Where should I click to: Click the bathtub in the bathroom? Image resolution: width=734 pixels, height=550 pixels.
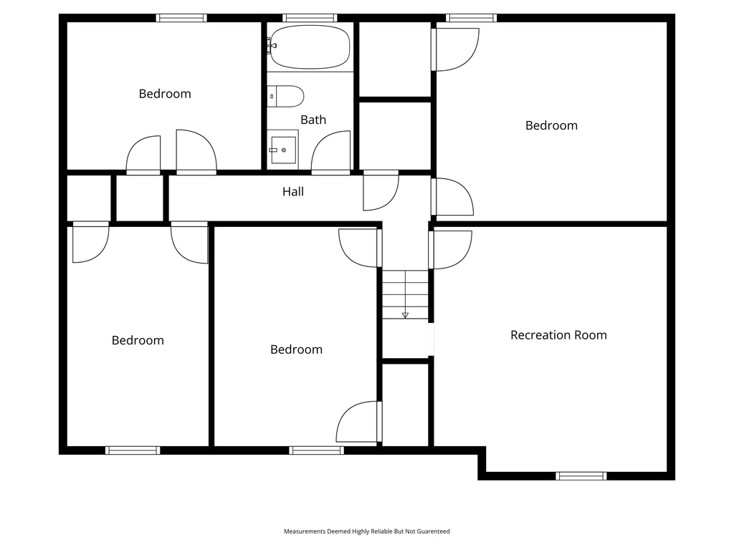310,47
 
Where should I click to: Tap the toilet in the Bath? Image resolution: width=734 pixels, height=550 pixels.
285,97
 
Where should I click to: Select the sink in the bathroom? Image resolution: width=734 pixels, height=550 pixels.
283,150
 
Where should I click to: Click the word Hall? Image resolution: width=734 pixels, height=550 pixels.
293,191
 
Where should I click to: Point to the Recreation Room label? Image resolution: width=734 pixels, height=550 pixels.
558,335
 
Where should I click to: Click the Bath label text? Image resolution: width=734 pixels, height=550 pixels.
313,120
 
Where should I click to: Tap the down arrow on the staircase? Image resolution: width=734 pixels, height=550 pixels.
406,315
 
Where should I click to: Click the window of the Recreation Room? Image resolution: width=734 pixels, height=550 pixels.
581,476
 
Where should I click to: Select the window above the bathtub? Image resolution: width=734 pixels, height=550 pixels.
310,18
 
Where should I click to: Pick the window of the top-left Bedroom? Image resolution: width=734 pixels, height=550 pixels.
181,18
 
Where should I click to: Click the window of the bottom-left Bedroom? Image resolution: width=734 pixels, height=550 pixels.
133,450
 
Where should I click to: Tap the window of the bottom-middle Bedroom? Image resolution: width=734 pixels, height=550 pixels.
316,450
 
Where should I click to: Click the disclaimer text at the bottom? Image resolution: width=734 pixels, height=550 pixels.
367,531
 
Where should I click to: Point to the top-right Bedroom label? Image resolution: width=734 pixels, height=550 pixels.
551,125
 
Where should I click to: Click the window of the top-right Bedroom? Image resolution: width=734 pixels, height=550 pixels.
472,18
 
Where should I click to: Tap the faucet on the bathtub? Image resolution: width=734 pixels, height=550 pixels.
272,45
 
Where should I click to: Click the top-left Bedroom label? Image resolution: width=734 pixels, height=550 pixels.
165,94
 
